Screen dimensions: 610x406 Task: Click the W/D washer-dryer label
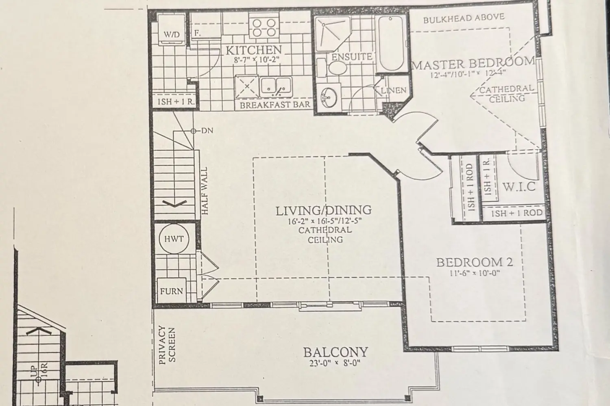pos(172,35)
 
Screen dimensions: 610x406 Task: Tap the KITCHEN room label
pos(254,50)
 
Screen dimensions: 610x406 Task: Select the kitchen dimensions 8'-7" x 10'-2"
pos(257,60)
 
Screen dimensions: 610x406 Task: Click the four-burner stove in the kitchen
pos(264,28)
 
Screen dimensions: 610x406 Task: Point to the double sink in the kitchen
pos(276,87)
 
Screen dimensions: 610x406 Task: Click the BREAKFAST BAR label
pos(275,105)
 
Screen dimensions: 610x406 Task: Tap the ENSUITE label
pos(352,57)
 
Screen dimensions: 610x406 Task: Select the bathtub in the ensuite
pos(391,43)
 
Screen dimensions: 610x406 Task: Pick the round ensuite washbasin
pos(329,98)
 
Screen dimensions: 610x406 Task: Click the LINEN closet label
pos(394,90)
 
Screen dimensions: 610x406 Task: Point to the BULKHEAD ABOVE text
pos(464,18)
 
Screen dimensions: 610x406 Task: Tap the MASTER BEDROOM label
pos(473,64)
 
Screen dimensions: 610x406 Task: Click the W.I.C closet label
pos(519,187)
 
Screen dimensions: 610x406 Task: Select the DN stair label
pos(207,131)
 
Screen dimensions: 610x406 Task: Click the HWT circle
pos(174,239)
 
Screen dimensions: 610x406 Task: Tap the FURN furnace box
pos(172,291)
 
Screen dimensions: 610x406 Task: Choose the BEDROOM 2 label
pos(475,262)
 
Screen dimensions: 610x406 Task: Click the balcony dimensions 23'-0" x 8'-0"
pos(335,363)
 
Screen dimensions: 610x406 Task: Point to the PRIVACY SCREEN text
pos(167,345)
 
